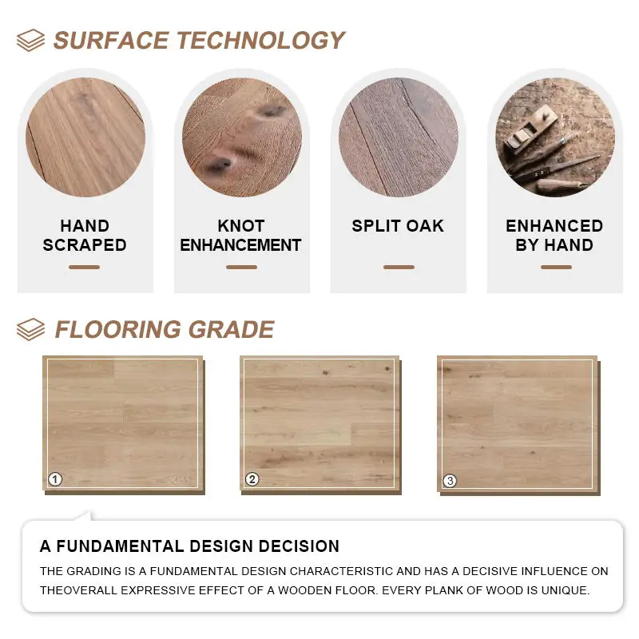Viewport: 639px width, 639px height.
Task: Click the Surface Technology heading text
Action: click(199, 40)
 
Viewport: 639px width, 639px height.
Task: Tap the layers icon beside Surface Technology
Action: click(30, 40)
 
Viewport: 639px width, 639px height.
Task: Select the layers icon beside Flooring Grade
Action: click(30, 329)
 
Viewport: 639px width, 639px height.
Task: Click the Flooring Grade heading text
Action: click(164, 329)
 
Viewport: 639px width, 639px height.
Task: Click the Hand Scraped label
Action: click(85, 236)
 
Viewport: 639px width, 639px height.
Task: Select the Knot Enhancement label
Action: click(241, 236)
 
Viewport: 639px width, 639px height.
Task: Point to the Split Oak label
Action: click(398, 226)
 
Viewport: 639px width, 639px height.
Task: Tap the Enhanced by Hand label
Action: click(554, 236)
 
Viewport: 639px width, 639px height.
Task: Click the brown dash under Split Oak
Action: click(399, 267)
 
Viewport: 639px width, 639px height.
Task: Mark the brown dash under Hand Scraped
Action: click(84, 267)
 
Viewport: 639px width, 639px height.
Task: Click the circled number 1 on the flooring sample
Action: click(55, 479)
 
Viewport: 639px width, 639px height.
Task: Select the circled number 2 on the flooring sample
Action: click(252, 479)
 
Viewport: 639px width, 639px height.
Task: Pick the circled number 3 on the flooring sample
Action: click(450, 481)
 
